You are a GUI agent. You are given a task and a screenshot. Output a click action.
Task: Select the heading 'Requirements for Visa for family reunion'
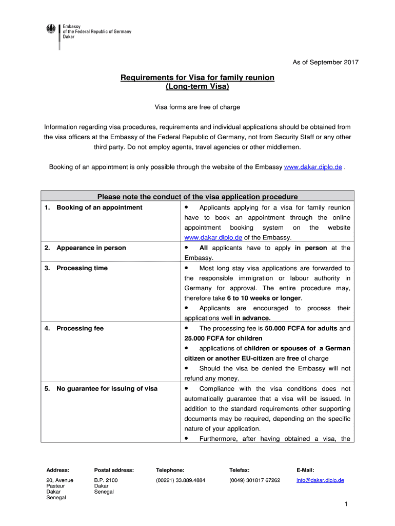[197, 77]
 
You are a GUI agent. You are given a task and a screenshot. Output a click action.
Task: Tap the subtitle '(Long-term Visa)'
[197, 87]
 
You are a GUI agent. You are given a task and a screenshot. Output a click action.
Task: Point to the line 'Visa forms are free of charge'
[197, 107]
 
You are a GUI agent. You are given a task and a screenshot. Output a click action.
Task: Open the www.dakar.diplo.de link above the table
[313, 167]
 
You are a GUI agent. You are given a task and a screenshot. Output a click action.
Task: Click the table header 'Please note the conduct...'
[197, 197]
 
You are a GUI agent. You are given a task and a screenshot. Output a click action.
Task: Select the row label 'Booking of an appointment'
[99, 208]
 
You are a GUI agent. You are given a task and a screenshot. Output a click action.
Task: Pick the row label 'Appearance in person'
[91, 248]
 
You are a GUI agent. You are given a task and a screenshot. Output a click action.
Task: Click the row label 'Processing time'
[82, 268]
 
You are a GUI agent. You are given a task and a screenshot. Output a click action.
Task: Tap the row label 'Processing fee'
[80, 328]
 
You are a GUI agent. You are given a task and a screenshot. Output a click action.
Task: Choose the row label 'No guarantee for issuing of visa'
[107, 388]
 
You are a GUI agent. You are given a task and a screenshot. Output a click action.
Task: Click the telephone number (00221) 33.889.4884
[181, 480]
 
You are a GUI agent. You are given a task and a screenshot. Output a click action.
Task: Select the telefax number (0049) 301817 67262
[255, 480]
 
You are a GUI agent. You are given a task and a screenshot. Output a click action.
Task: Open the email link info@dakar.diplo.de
[320, 480]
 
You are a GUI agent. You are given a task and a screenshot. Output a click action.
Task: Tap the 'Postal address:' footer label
[114, 469]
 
